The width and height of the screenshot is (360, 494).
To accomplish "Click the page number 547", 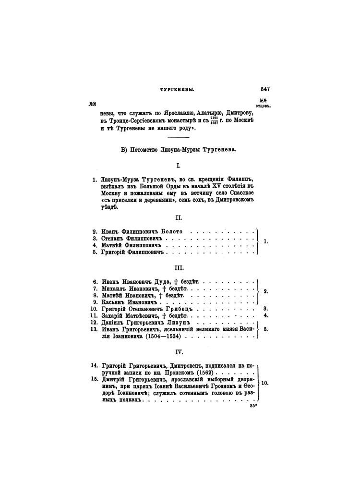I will (x=265, y=89).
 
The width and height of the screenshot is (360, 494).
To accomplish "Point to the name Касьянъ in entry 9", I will (x=114, y=302).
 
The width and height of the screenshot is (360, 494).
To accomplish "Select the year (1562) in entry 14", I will (x=204, y=373).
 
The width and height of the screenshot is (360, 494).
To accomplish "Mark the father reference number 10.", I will (x=264, y=383).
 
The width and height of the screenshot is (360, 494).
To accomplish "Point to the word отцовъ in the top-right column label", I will (x=264, y=106).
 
